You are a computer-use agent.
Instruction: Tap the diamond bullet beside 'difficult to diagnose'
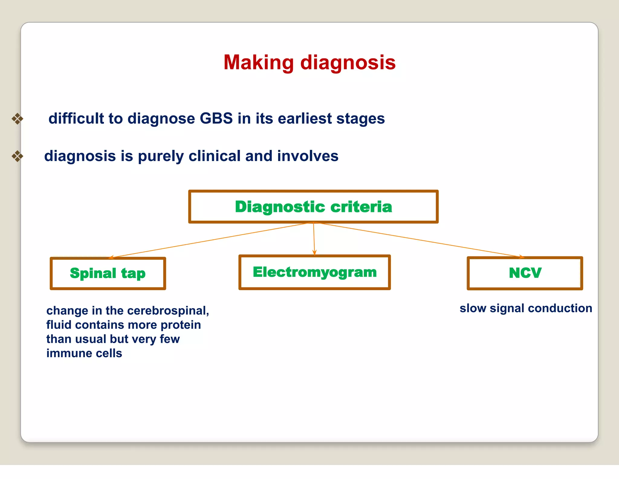point(18,119)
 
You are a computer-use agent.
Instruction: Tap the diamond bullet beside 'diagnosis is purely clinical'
point(18,156)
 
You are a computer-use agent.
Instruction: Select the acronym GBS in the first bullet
point(216,118)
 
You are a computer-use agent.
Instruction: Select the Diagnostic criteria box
point(313,207)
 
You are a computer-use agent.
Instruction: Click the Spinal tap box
point(108,273)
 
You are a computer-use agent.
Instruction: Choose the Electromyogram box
point(314,272)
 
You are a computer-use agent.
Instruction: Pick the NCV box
point(525,273)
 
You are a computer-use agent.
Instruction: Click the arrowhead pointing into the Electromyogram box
point(314,253)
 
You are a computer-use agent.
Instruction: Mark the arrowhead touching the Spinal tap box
point(111,257)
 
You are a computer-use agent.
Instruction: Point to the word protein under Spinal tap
point(181,325)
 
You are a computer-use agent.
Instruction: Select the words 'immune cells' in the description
point(84,353)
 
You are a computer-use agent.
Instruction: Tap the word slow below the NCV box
point(473,308)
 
